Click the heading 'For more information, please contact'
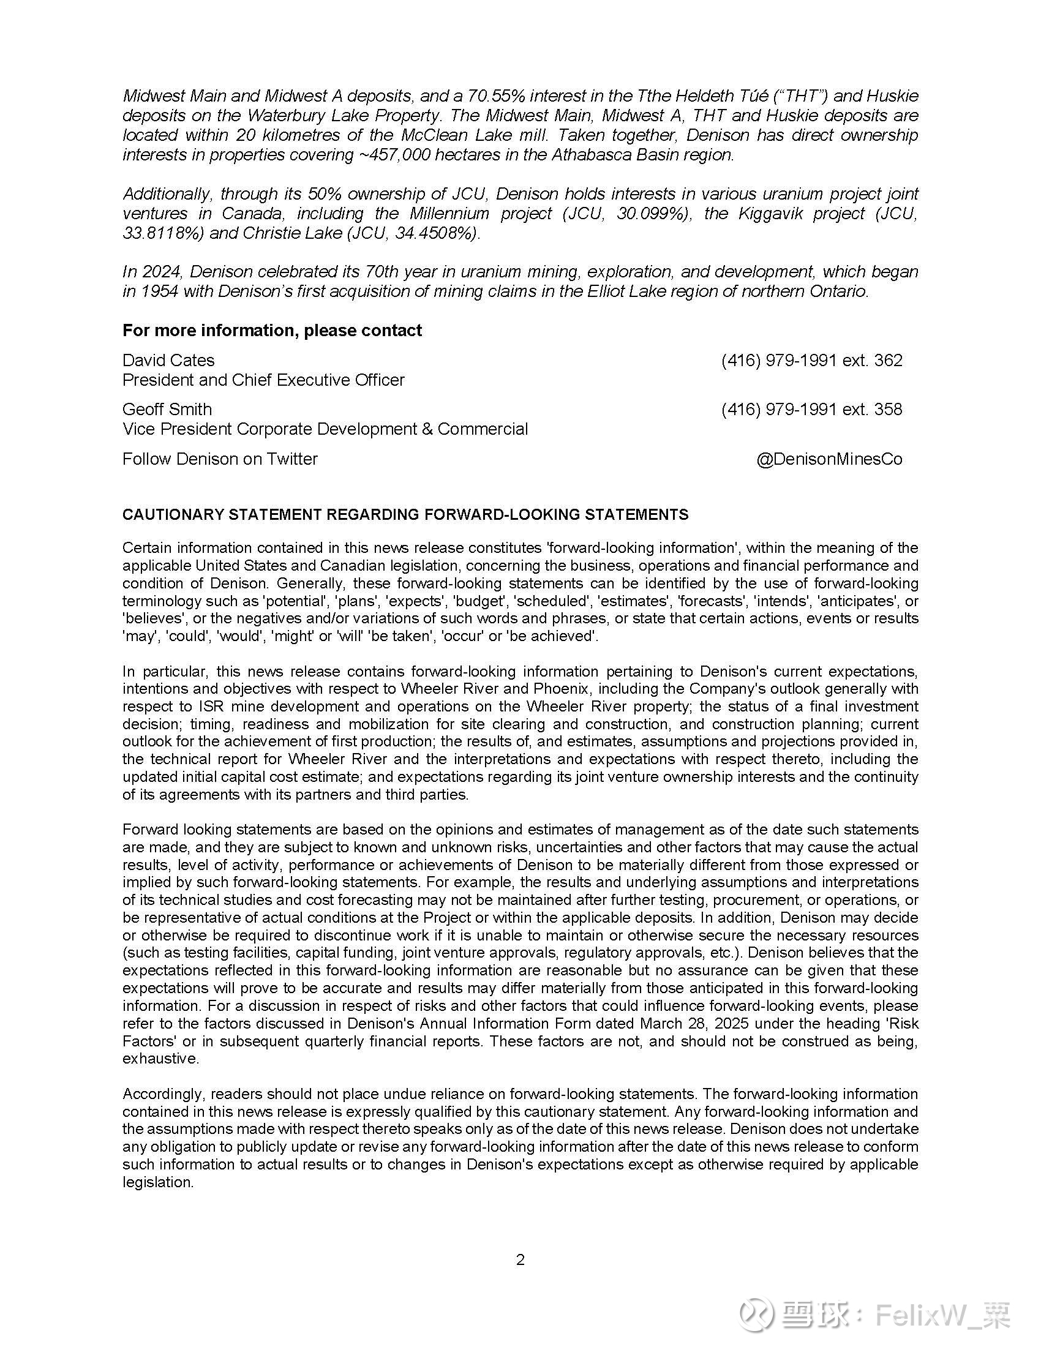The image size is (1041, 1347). pos(272,331)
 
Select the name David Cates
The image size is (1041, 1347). pos(168,360)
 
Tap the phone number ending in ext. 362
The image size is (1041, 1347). pos(811,360)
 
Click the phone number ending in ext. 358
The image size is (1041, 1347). pos(811,410)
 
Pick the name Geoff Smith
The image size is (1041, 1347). pos(167,410)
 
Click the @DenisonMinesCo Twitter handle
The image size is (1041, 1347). pos(829,459)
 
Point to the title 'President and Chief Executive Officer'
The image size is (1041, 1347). pos(263,380)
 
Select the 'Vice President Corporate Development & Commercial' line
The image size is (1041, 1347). pos(325,429)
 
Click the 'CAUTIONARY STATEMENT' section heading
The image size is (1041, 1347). pos(405,515)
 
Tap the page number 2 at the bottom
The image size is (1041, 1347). pos(520,1259)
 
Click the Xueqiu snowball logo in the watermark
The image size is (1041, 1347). pos(757,1315)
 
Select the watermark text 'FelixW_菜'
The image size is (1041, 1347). pos(942,1315)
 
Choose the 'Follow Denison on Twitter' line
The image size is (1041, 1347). pos(220,459)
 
